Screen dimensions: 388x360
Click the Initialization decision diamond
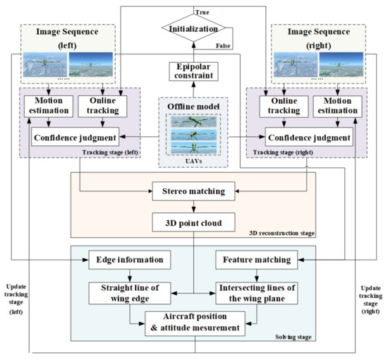(x=194, y=28)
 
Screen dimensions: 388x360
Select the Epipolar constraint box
(x=193, y=71)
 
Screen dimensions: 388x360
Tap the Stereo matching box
(x=193, y=191)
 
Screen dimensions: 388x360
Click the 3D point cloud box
(x=193, y=222)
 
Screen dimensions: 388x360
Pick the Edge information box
(x=130, y=260)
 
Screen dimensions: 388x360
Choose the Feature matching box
(x=257, y=260)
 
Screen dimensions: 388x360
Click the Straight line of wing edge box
(x=130, y=293)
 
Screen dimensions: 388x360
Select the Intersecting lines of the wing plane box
(x=257, y=293)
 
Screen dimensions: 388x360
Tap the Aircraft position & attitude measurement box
(x=195, y=323)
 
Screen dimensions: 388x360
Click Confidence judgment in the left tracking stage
(x=75, y=137)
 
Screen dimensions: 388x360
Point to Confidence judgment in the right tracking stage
(x=309, y=137)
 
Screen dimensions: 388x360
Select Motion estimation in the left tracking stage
(x=49, y=107)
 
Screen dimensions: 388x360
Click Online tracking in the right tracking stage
(x=284, y=107)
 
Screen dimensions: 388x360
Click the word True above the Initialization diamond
(x=202, y=13)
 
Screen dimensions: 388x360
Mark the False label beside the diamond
(x=223, y=46)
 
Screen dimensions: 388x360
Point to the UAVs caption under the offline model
(x=193, y=161)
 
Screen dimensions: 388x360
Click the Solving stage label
(x=293, y=337)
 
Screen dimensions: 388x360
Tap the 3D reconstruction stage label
(x=282, y=233)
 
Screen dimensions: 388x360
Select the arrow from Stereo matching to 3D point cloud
(x=193, y=207)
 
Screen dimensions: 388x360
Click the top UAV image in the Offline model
(x=193, y=121)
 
